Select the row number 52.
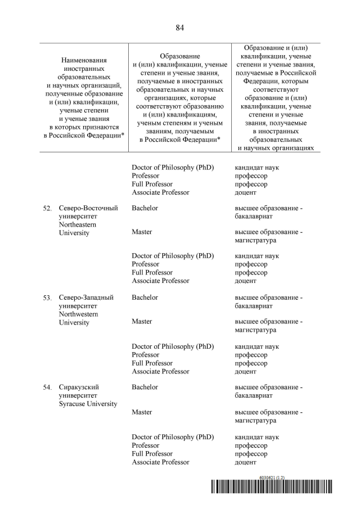47,209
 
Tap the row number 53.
47,298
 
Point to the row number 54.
47,388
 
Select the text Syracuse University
88,404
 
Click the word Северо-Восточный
88,208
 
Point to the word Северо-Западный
86,298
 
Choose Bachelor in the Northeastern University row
145,208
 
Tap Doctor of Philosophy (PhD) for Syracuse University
173,437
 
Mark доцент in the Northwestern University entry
245,371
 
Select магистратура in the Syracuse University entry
255,420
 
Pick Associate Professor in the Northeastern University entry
160,281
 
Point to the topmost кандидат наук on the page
256,168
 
